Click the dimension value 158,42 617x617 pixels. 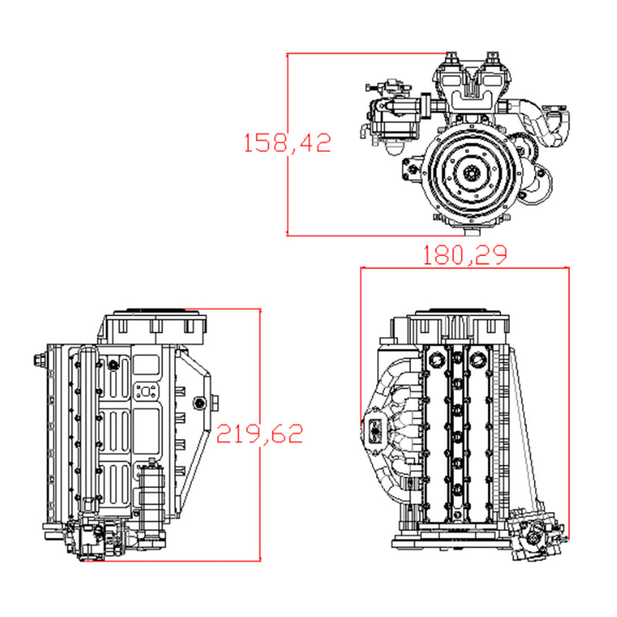(x=287, y=143)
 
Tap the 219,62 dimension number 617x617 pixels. (x=260, y=433)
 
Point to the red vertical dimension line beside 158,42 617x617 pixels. (x=287, y=193)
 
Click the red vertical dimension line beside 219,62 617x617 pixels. (x=260, y=501)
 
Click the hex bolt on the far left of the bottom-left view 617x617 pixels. (x=39, y=360)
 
